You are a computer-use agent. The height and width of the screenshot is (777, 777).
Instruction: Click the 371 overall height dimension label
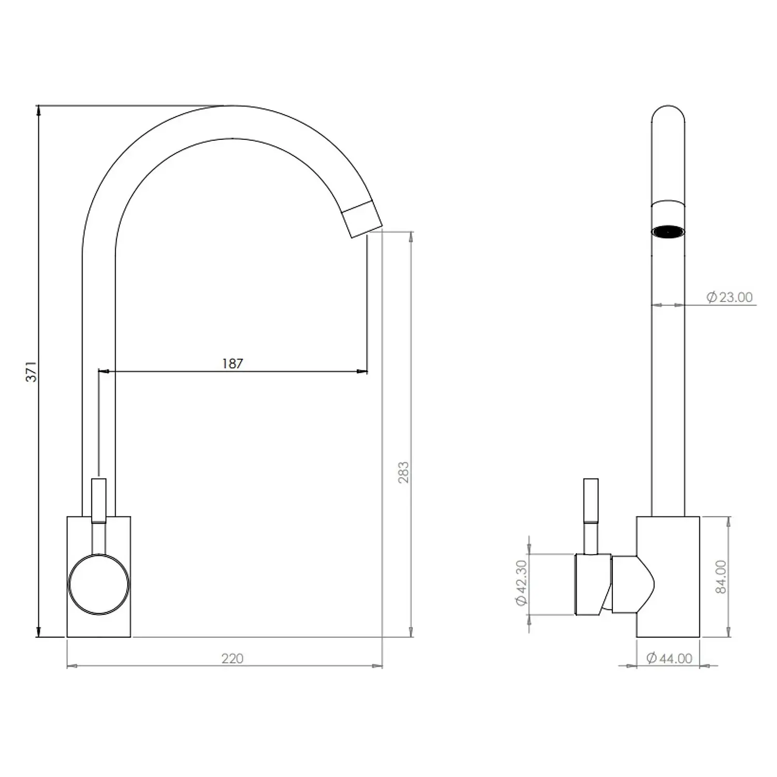[32, 371]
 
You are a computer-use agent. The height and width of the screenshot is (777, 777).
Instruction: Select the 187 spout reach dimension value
[232, 364]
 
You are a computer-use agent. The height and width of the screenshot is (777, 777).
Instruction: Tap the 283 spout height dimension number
[404, 472]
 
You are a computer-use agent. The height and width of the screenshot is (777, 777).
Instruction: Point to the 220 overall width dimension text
[232, 658]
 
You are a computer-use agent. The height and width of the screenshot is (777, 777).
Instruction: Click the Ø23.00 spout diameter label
[729, 297]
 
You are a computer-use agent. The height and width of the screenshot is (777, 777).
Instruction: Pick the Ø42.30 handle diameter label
[521, 583]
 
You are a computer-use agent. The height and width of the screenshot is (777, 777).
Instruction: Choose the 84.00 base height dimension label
[721, 577]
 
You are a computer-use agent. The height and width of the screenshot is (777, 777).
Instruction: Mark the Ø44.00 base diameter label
[669, 658]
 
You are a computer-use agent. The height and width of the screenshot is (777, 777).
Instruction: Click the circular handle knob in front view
[98, 584]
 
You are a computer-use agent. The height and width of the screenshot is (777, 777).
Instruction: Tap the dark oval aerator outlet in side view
[668, 232]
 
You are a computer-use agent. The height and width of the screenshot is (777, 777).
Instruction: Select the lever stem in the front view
[98, 500]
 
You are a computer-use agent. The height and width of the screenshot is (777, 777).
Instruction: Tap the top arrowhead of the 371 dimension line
[38, 110]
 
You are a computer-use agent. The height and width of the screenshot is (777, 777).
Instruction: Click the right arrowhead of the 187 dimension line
[363, 371]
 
